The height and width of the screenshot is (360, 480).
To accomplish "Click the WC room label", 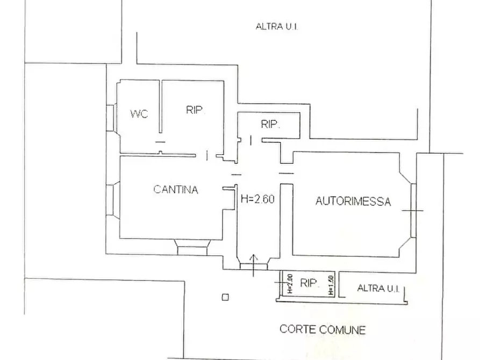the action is click(139, 114).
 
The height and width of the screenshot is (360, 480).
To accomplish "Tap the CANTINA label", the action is click(176, 190).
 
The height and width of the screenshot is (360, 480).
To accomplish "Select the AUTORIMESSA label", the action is click(353, 201).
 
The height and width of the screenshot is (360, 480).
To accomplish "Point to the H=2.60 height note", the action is click(257, 199).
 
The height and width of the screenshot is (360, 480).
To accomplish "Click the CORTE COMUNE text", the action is click(323, 329).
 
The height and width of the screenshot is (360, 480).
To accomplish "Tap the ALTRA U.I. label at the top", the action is click(277, 26).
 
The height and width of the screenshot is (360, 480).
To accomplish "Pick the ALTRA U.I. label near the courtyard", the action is click(378, 288).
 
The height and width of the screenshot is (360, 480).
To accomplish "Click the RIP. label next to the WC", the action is click(195, 110).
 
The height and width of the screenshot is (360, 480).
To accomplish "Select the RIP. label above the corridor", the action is click(270, 124).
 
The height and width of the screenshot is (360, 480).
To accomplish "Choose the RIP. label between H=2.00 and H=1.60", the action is click(310, 283).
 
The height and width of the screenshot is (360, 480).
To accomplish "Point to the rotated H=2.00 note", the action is click(290, 284).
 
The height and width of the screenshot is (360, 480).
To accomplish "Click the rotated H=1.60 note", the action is click(331, 285).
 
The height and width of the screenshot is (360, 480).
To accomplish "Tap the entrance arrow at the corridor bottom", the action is click(254, 265).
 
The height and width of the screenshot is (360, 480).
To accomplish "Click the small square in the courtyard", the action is click(225, 297).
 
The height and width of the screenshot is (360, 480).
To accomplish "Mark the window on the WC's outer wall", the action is click(111, 118).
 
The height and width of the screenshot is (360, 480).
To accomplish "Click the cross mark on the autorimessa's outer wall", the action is click(413, 210).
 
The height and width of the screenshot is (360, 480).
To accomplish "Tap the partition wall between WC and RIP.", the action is click(160, 106).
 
